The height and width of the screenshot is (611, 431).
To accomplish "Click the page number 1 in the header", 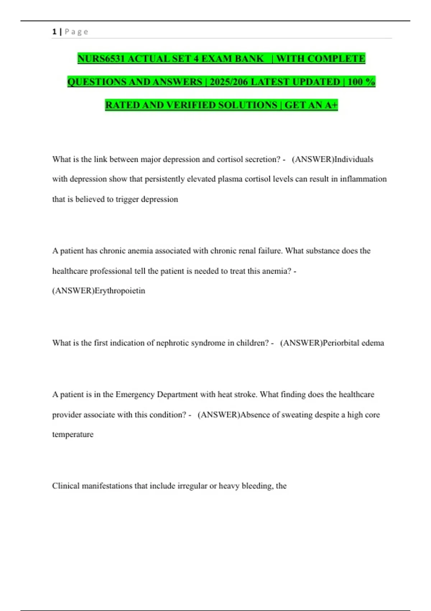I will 54,32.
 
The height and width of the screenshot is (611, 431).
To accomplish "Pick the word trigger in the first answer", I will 127,199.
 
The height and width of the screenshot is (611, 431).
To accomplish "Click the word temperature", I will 73,435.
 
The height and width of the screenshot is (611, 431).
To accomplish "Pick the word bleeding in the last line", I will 257,486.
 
